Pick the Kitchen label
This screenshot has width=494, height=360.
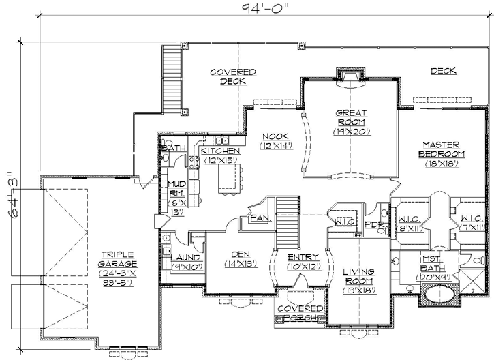point(219,155)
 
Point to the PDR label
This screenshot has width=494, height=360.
point(373,224)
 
